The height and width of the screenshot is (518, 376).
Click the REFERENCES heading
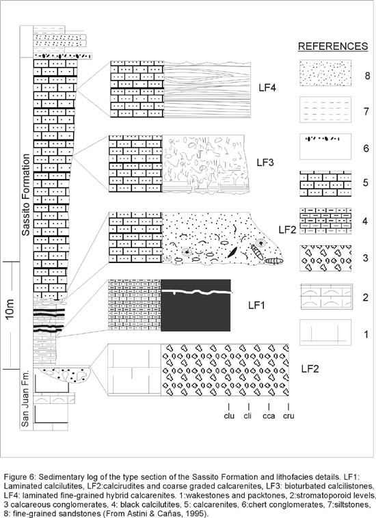click(x=333, y=46)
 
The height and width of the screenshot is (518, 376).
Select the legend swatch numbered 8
click(x=325, y=73)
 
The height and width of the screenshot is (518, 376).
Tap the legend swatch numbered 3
click(x=325, y=258)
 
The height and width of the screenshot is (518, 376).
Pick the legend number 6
click(x=366, y=148)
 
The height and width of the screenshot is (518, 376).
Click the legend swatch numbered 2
click(x=325, y=296)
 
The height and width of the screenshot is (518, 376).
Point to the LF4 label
click(x=267, y=88)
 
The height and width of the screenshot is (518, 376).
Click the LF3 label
click(x=265, y=163)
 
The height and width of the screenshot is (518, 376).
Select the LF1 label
click(x=256, y=305)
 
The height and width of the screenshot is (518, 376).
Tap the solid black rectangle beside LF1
click(x=196, y=305)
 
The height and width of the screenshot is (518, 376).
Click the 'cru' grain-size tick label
click(x=288, y=415)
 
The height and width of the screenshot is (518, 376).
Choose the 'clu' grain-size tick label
click(x=229, y=415)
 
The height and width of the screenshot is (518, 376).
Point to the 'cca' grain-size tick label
click(x=269, y=415)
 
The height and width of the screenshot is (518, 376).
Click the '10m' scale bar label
click(x=10, y=310)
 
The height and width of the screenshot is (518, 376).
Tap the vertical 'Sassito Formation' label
click(x=26, y=195)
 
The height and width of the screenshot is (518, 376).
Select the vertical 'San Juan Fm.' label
click(x=25, y=398)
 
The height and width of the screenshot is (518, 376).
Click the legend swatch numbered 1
click(x=325, y=332)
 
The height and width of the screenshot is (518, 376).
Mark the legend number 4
click(x=365, y=221)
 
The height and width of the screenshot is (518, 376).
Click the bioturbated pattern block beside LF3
click(x=204, y=163)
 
